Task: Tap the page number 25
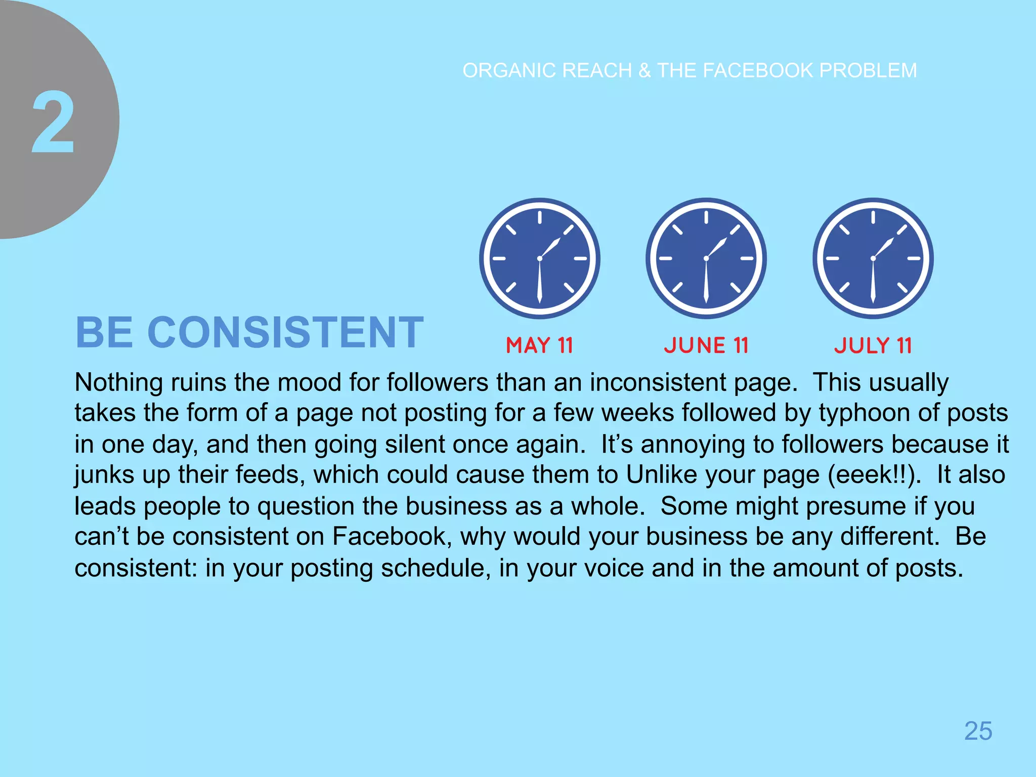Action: click(x=978, y=731)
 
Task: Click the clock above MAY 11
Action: click(x=540, y=258)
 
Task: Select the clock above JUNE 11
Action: click(x=706, y=258)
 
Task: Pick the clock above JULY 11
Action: click(x=873, y=258)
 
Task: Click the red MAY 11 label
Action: click(x=539, y=346)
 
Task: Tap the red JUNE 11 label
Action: click(x=706, y=346)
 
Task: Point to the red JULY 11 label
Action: click(x=873, y=346)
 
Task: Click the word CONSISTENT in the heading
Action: click(x=285, y=332)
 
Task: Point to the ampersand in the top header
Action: click(x=644, y=71)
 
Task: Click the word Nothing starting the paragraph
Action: click(x=118, y=382)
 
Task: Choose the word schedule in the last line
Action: click(x=436, y=568)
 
